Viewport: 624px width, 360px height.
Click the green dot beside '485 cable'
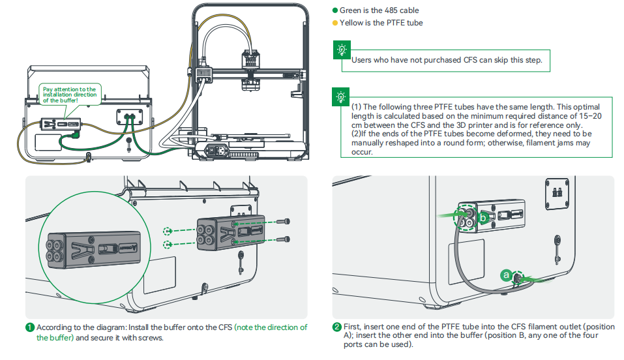(335, 10)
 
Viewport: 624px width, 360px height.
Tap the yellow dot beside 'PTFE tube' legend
(335, 23)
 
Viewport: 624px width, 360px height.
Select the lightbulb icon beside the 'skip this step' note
(341, 49)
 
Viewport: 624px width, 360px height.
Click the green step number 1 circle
(30, 327)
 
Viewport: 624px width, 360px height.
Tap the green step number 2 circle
(336, 327)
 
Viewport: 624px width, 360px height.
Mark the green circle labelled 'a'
(505, 275)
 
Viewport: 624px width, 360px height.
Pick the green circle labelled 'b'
(483, 217)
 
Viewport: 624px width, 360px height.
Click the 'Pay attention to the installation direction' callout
(69, 95)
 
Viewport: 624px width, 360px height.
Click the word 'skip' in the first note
(498, 60)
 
